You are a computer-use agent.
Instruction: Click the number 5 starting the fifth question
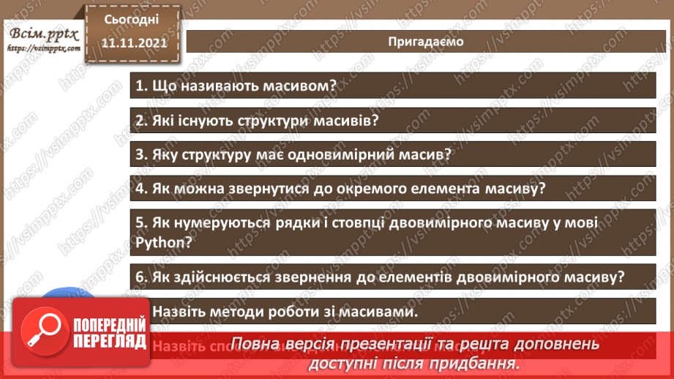tap(140, 222)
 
